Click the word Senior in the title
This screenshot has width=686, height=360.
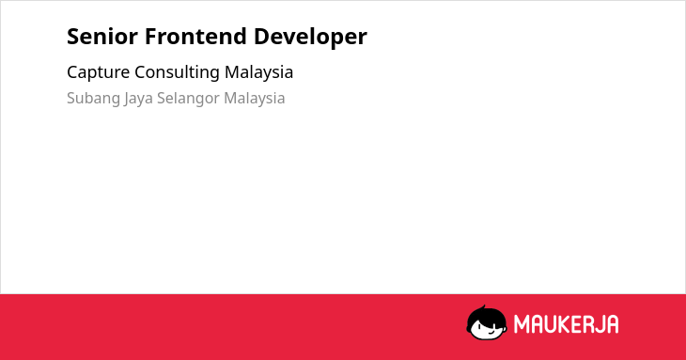coord(102,37)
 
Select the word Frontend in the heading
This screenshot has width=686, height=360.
coord(196,37)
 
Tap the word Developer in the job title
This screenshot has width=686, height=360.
coord(311,38)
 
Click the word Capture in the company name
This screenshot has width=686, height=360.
coord(99,72)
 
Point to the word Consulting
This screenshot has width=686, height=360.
coord(178,72)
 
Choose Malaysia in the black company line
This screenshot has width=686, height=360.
coord(259,72)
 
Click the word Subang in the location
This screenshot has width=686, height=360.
coord(94,99)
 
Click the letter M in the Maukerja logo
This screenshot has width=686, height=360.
coord(522,324)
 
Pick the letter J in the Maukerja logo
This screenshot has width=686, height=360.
coord(598,324)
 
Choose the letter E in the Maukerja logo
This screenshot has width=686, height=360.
coord(575,324)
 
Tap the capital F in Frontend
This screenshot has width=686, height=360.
coord(150,37)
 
